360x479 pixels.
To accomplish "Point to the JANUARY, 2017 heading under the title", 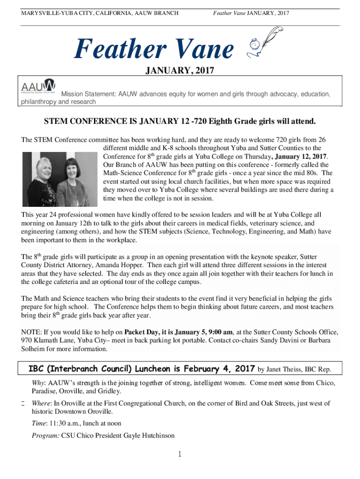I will (x=180, y=71).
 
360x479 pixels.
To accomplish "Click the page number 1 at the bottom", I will (x=180, y=454).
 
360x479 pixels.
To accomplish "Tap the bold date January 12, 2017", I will (x=302, y=156).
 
